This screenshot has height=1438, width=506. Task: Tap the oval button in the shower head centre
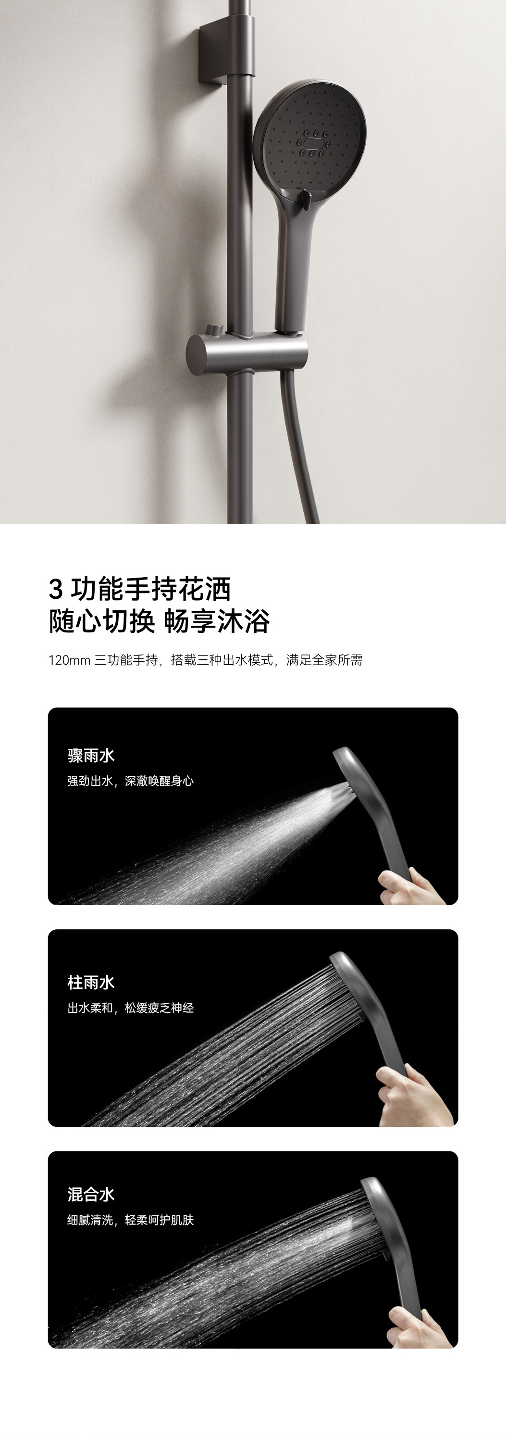pos(312,143)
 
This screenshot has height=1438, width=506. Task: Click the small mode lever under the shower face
pos(305,199)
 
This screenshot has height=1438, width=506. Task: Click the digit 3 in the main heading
pos(55,589)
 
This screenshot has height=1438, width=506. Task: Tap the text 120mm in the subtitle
pos(69,660)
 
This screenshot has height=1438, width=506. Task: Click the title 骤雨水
pos(91,756)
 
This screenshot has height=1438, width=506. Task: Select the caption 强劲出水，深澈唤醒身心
pos(131,781)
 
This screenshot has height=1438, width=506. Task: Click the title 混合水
pos(91,1195)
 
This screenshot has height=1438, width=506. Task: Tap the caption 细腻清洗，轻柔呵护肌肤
pos(131,1220)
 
